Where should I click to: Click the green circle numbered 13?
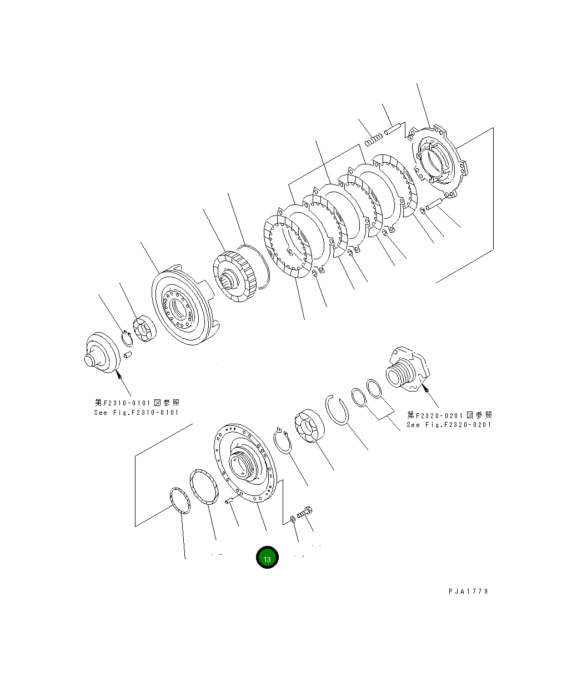(x=267, y=558)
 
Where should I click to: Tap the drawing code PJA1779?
(x=468, y=591)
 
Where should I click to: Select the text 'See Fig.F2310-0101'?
(x=137, y=412)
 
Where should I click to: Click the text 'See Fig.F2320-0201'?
(x=449, y=424)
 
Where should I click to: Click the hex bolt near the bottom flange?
(x=305, y=511)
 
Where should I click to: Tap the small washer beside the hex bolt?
(x=292, y=520)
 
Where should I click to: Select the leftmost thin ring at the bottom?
(x=180, y=502)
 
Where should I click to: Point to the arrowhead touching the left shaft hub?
(x=118, y=376)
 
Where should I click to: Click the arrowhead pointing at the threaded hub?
(x=426, y=389)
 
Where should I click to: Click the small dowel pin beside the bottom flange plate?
(x=228, y=503)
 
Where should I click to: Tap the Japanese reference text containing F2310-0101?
(x=137, y=403)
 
